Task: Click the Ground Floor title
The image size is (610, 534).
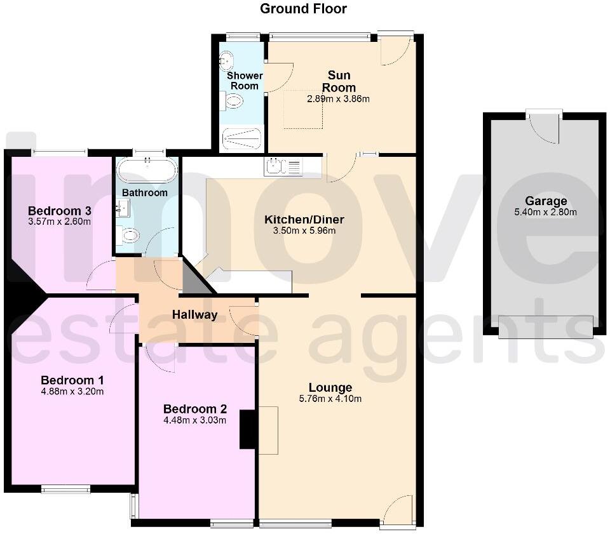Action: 304,9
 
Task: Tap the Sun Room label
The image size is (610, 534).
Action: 338,82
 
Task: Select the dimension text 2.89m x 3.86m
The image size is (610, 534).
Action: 338,98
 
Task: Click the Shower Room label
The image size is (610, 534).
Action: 245,81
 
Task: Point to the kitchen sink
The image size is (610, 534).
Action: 283,167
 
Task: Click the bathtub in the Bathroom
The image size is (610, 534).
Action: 147,170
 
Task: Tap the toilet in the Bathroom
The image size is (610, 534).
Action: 129,236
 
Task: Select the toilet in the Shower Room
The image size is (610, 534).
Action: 233,101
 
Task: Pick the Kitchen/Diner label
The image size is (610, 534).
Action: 304,220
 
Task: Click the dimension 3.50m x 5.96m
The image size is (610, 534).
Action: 304,230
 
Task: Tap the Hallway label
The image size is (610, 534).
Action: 194,314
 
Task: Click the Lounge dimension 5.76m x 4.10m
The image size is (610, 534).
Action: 330,399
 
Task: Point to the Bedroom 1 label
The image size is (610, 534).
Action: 72,380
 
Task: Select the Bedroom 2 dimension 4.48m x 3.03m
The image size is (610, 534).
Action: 194,420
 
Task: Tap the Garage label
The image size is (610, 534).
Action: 545,201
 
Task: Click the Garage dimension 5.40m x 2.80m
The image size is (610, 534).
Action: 545,213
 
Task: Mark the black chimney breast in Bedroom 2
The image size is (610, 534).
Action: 248,430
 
